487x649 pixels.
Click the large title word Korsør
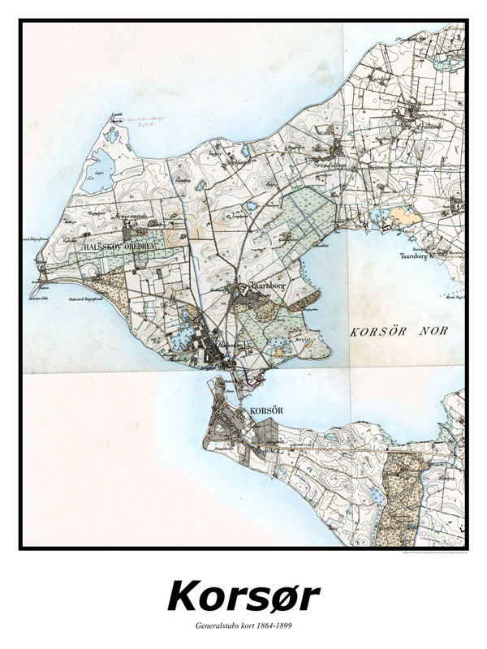[x=243, y=596]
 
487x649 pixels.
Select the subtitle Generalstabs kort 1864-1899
[x=243, y=626]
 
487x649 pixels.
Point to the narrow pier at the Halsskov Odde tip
[x=34, y=290]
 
